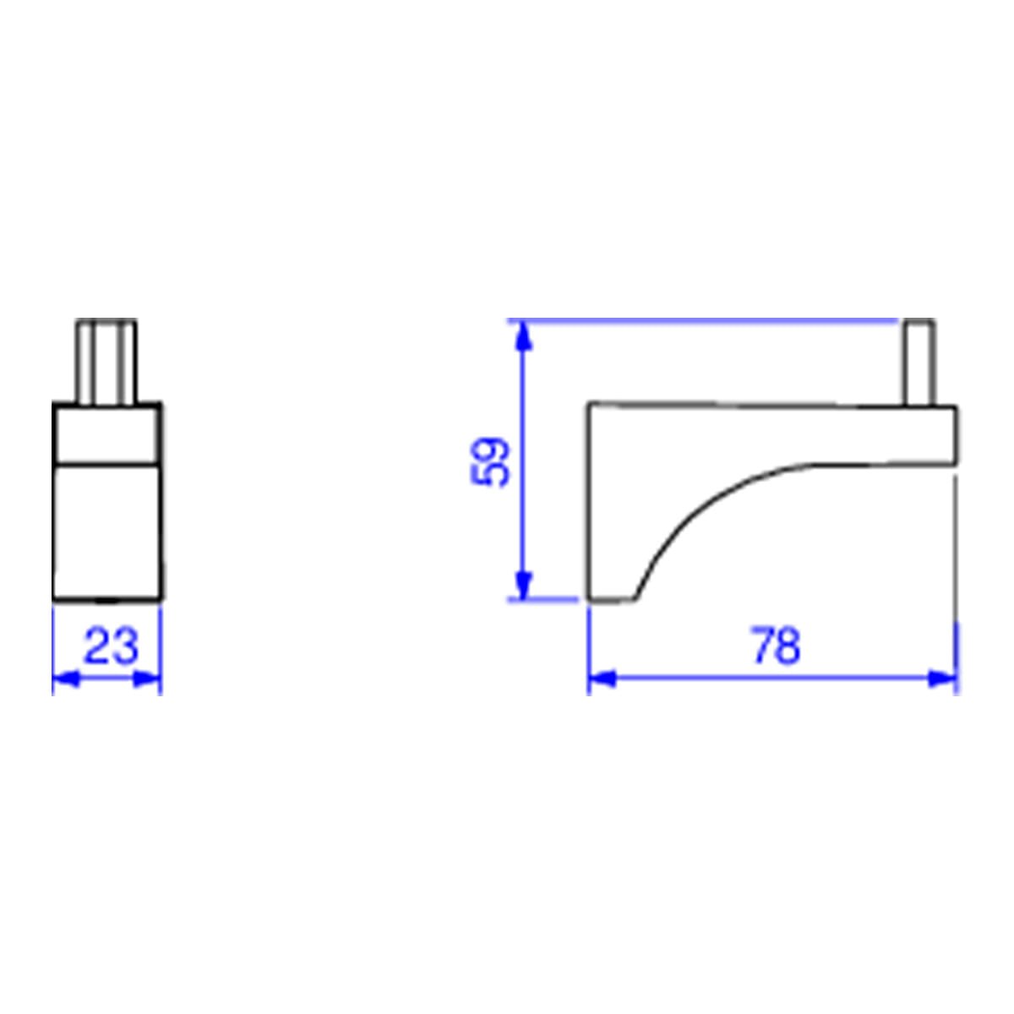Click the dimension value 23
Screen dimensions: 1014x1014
pyautogui.click(x=111, y=645)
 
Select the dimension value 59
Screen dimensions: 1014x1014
pyautogui.click(x=489, y=461)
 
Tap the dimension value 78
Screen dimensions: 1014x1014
pyautogui.click(x=777, y=645)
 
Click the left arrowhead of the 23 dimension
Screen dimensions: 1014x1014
pyautogui.click(x=67, y=679)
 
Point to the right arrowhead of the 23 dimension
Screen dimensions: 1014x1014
pyautogui.click(x=147, y=679)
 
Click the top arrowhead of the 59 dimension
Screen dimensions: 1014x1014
pyautogui.click(x=521, y=336)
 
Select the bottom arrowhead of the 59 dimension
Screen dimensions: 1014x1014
pyautogui.click(x=521, y=584)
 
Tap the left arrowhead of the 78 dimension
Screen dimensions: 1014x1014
pyautogui.click(x=602, y=679)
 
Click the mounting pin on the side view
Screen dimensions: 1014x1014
pyautogui.click(x=920, y=362)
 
